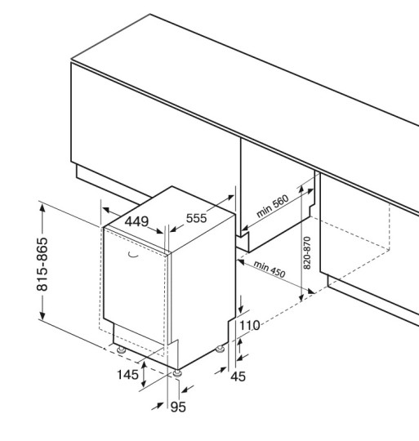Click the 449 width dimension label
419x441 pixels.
[136, 221]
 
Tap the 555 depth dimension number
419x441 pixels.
[197, 218]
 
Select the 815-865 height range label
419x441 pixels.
[42, 264]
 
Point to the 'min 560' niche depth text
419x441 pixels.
[273, 206]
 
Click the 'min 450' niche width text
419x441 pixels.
[270, 269]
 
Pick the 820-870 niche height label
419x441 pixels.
[307, 253]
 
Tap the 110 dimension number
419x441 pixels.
[249, 326]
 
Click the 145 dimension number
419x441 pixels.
[127, 375]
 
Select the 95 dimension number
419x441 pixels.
[178, 407]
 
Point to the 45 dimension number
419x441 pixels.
[238, 376]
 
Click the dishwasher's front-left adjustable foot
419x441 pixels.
[121, 350]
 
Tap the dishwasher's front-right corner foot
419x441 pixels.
[177, 373]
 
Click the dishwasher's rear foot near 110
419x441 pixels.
[220, 349]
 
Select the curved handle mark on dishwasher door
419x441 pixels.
[133, 255]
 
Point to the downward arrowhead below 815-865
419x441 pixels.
[42, 314]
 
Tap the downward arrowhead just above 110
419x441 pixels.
[241, 310]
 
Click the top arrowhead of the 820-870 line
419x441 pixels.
[301, 189]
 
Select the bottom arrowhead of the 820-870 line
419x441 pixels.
[301, 297]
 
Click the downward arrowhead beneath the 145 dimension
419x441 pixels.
[144, 382]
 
